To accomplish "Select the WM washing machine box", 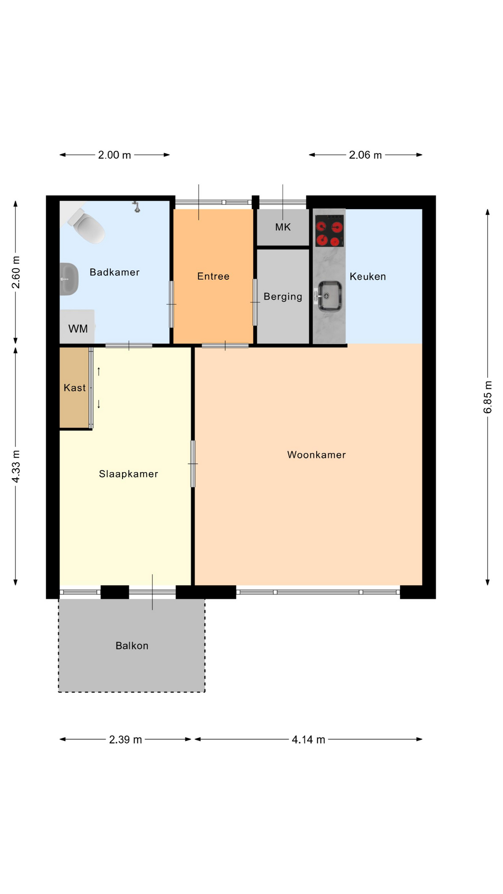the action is click(x=77, y=327).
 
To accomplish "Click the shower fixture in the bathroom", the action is click(x=136, y=207).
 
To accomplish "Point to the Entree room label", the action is click(x=213, y=276).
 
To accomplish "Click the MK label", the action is click(x=283, y=227).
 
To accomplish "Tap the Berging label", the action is click(x=283, y=297).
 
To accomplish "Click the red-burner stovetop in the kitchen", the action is click(x=330, y=231).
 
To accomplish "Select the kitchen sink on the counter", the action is click(x=329, y=296).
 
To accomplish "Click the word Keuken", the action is click(x=368, y=277).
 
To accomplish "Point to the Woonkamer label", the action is click(x=317, y=455).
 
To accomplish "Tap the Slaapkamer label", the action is click(x=129, y=474).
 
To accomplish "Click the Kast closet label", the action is click(x=75, y=388).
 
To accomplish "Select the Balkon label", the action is click(x=132, y=646).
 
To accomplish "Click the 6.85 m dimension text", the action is click(x=488, y=397).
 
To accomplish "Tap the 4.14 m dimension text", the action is click(x=308, y=740).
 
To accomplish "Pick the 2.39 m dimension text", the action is click(x=125, y=740).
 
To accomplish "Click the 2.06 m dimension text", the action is click(x=365, y=155).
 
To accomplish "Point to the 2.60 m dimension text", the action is click(x=16, y=272).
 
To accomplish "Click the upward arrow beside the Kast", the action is click(x=99, y=371).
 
